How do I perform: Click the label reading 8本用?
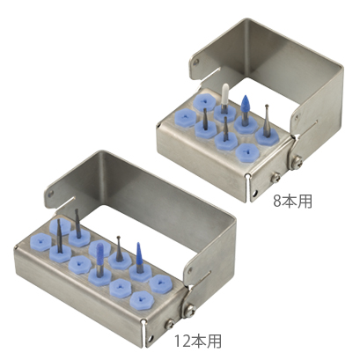(x=292, y=202)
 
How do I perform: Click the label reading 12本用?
(x=197, y=341)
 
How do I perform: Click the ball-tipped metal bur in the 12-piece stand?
(x=119, y=248)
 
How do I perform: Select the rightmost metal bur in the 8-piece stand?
(x=267, y=121)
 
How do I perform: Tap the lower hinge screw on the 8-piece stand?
(x=276, y=177)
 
